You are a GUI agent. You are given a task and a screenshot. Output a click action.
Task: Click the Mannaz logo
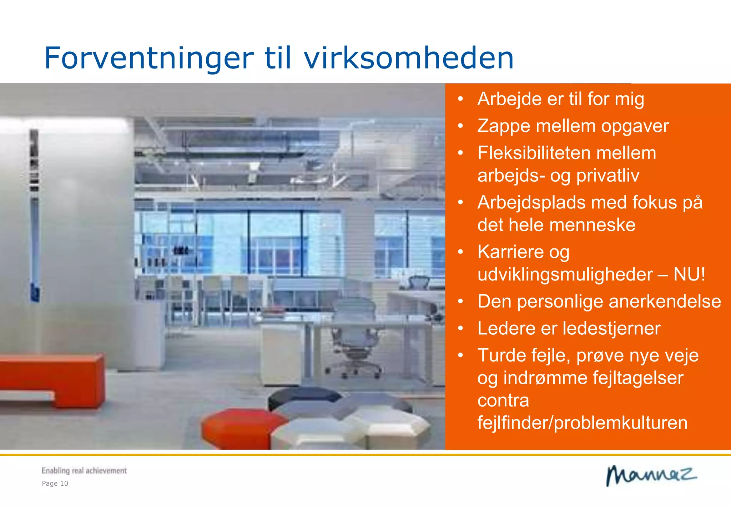point(651,476)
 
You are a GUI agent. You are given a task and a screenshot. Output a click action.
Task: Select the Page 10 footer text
point(55,484)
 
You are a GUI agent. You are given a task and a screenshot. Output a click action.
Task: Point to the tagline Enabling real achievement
point(84,471)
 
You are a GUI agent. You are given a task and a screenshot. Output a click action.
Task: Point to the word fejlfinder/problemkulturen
point(582,423)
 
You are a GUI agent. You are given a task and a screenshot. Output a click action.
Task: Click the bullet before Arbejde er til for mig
point(460,99)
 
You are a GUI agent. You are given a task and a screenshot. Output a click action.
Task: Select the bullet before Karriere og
point(460,252)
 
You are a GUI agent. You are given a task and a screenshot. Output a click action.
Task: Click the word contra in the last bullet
point(503,401)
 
